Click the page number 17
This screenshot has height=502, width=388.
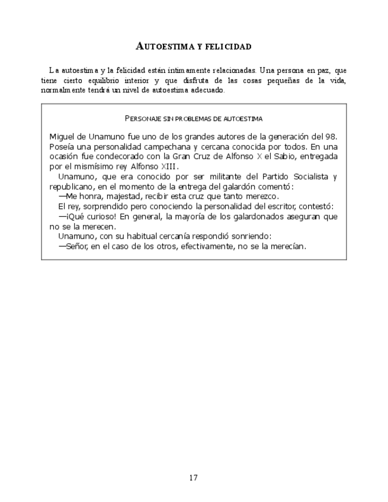(194, 478)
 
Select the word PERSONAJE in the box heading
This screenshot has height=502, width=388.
(145, 119)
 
